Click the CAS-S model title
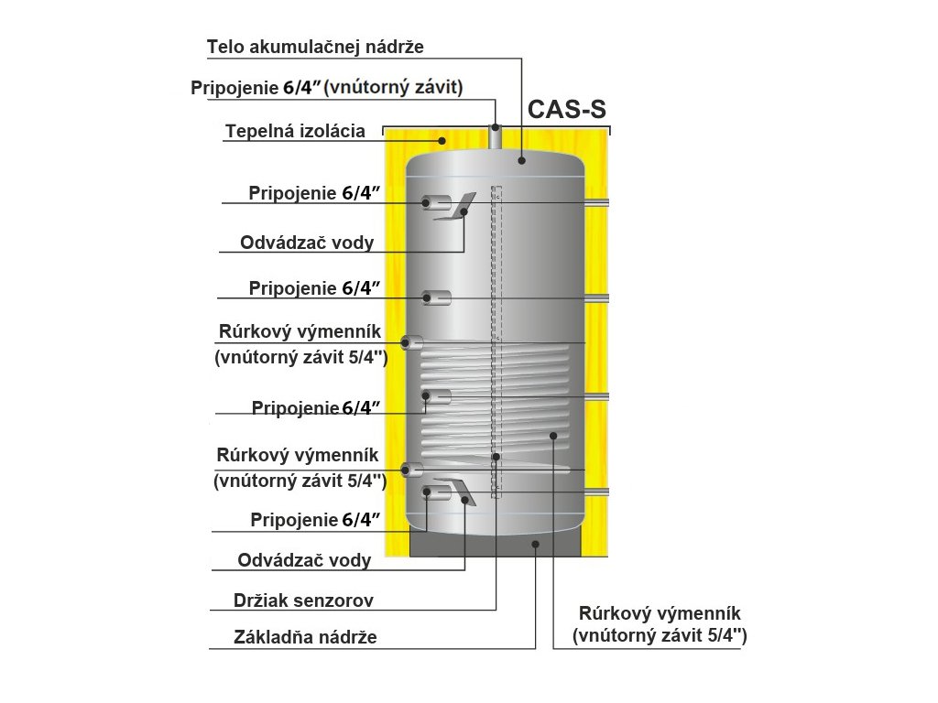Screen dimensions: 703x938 click(x=567, y=110)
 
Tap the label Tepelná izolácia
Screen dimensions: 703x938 click(x=295, y=132)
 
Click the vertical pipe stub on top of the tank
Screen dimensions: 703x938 click(x=496, y=140)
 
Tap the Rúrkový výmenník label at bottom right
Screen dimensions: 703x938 click(x=660, y=613)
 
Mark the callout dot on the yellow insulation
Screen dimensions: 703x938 click(x=442, y=141)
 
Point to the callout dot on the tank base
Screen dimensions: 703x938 click(x=536, y=544)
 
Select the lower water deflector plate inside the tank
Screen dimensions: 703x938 click(x=458, y=491)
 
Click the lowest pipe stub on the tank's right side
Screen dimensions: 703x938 click(x=596, y=492)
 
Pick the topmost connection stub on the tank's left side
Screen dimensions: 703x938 click(x=436, y=202)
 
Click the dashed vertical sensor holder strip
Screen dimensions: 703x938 click(x=496, y=339)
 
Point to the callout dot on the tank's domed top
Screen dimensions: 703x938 click(x=521, y=159)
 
